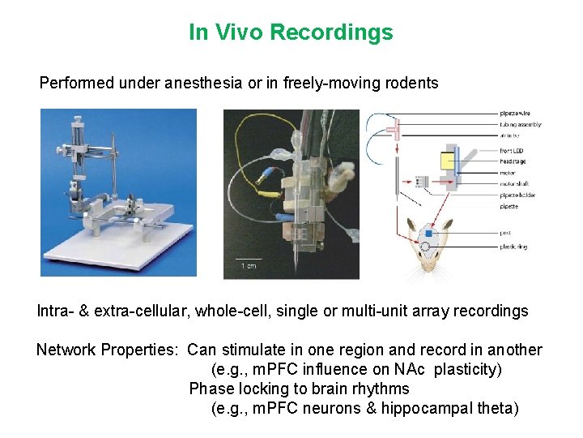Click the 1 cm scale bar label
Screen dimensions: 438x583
(249, 265)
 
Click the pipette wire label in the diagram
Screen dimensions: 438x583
(516, 114)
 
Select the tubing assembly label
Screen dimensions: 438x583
(520, 125)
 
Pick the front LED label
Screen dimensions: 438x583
(513, 151)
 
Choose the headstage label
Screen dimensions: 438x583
(513, 161)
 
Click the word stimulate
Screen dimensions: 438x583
(246, 350)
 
